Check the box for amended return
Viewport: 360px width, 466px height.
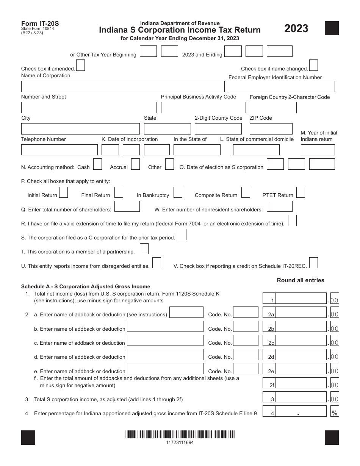coord(80,66)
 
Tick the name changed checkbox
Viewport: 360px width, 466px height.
coord(313,66)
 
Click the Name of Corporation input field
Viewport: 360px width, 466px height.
coord(122,86)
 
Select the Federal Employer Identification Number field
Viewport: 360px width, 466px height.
coord(282,86)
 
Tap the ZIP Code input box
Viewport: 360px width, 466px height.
coord(271,129)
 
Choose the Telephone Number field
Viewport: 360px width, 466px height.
coord(59,150)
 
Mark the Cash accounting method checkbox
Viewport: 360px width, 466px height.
coord(97,164)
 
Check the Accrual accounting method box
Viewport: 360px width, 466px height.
coord(135,164)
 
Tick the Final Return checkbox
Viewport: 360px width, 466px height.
coord(119,192)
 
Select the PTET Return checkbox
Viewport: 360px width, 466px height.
coord(301,192)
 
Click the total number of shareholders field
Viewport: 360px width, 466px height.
coord(127,206)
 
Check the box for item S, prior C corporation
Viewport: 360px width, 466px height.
coord(182,235)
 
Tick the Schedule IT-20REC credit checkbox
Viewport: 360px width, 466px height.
coord(313,263)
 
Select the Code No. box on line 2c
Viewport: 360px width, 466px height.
coord(246,341)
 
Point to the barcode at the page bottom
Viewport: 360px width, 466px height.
coord(180,435)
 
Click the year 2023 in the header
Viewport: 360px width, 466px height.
coord(296,29)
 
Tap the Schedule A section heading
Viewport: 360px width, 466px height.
coord(86,286)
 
